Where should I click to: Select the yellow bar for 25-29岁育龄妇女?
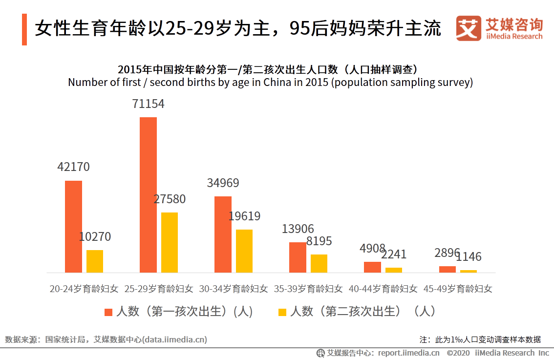pyautogui.click(x=170, y=242)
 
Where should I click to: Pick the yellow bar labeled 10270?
pyautogui.click(x=95, y=261)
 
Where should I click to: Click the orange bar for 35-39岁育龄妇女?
pyautogui.click(x=298, y=257)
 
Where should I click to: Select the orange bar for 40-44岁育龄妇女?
pyautogui.click(x=372, y=267)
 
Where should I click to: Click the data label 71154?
pyautogui.click(x=148, y=104)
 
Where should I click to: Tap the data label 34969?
pyautogui.click(x=223, y=183)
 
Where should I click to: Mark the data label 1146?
pyautogui.click(x=469, y=257)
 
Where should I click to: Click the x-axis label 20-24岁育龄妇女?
pyautogui.click(x=84, y=289)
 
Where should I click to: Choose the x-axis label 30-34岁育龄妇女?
pyautogui.click(x=234, y=289)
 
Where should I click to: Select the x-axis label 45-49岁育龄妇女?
pyautogui.click(x=458, y=289)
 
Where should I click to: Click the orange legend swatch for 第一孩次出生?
pyautogui.click(x=108, y=312)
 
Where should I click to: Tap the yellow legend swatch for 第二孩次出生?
pyautogui.click(x=282, y=312)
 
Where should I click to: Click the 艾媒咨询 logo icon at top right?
pyautogui.click(x=468, y=28)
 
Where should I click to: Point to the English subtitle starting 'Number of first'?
pyautogui.click(x=270, y=82)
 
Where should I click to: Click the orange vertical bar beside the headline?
pyautogui.click(x=24, y=30)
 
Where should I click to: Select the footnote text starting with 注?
pyautogui.click(x=480, y=339)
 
